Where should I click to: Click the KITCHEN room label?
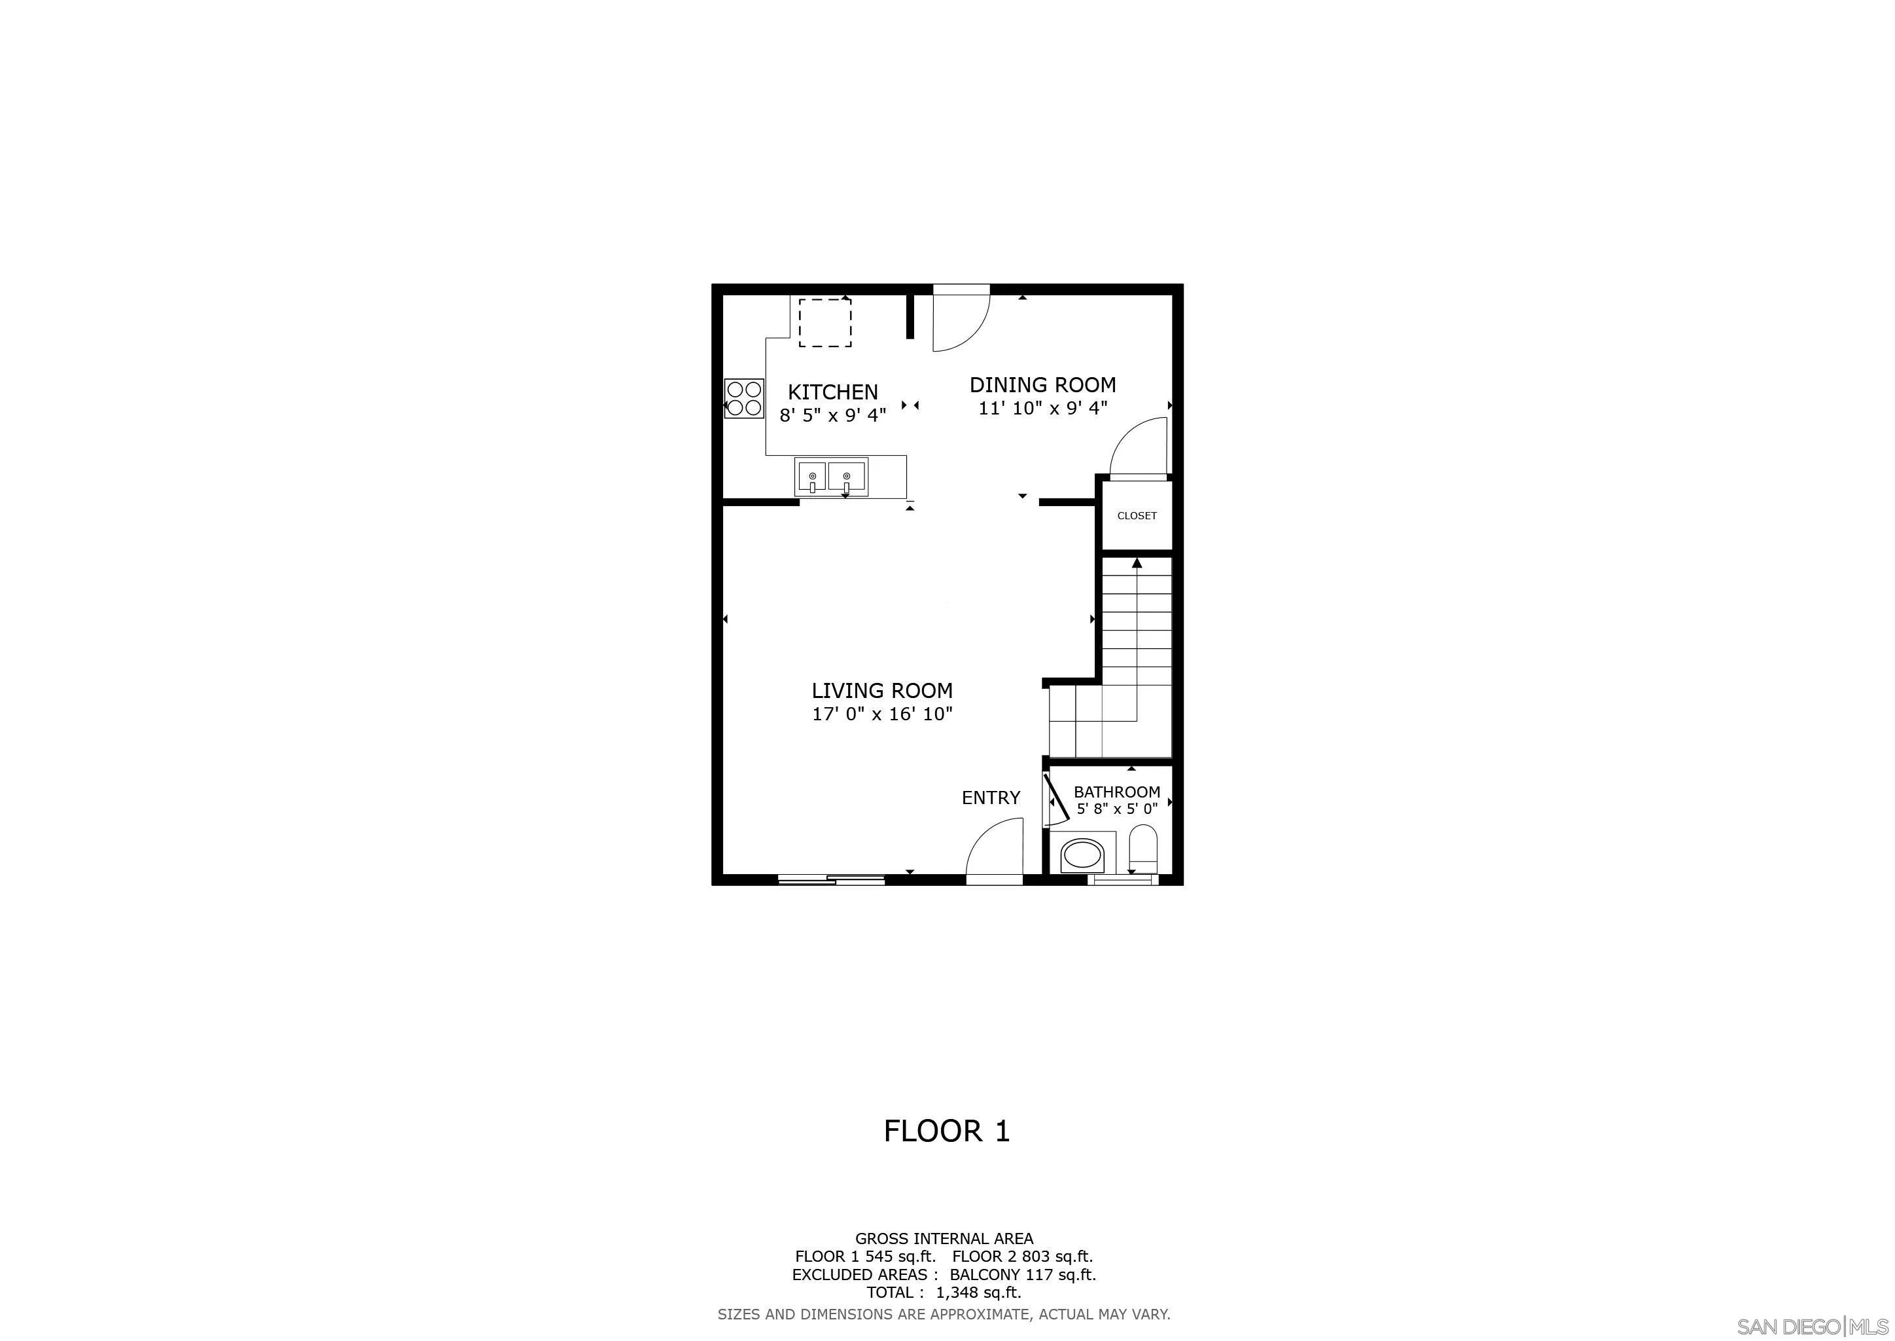click(833, 392)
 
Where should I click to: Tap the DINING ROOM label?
click(1042, 385)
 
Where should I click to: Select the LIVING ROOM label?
click(882, 690)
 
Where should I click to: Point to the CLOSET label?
click(1137, 515)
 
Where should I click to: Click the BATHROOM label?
click(1117, 792)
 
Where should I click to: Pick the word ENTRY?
click(991, 798)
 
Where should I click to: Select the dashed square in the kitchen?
click(824, 323)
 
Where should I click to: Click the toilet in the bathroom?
click(1143, 848)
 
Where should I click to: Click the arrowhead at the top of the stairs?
click(1137, 563)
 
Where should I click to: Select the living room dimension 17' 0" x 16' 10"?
click(882, 714)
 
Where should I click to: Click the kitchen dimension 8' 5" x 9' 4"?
click(833, 415)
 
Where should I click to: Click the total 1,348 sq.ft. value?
click(979, 1293)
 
